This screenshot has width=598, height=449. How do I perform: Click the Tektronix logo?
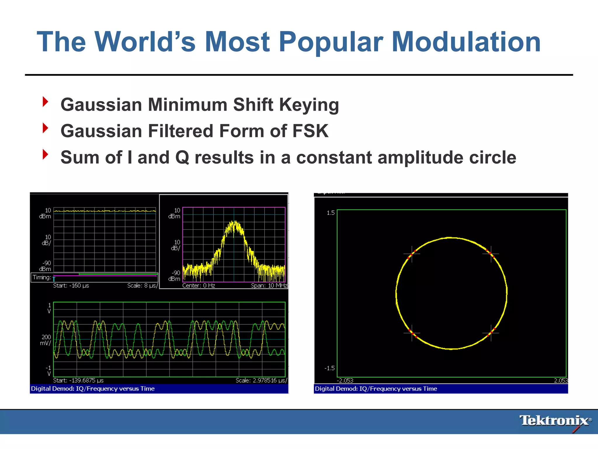pyautogui.click(x=555, y=421)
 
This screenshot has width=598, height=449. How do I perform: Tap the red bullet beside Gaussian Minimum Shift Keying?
pyautogui.click(x=45, y=102)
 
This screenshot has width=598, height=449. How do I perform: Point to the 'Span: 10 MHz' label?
pyautogui.click(x=269, y=286)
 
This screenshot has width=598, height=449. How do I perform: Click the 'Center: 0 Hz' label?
pyautogui.click(x=199, y=286)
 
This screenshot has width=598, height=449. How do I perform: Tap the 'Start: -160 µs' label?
pyautogui.click(x=71, y=286)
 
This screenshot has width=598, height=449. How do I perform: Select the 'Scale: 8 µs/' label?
pyautogui.click(x=142, y=286)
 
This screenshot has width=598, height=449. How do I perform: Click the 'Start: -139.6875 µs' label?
pyautogui.click(x=78, y=380)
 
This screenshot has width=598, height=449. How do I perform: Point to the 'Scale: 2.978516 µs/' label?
pyautogui.click(x=261, y=380)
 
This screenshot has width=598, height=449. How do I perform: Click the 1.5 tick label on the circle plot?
pyautogui.click(x=331, y=213)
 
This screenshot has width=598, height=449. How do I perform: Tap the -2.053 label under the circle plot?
pyautogui.click(x=345, y=381)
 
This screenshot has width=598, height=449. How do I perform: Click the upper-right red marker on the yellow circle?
pyautogui.click(x=491, y=253)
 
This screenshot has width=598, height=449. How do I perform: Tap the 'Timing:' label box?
pyautogui.click(x=42, y=277)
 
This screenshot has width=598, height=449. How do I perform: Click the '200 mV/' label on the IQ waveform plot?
pyautogui.click(x=46, y=340)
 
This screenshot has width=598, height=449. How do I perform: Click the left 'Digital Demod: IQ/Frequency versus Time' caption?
pyautogui.click(x=93, y=389)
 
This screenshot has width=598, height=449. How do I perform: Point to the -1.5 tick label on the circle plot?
pyautogui.click(x=330, y=368)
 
